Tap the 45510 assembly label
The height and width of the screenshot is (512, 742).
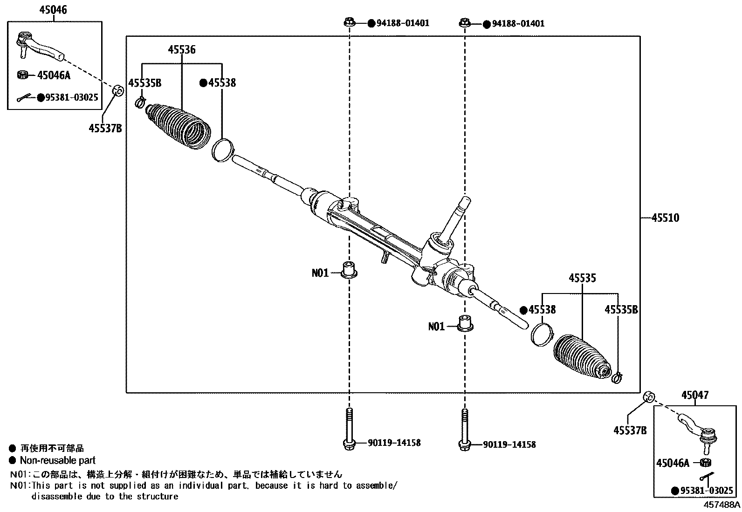665,218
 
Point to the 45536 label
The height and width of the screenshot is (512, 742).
181,50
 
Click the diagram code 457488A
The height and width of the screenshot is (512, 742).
721,505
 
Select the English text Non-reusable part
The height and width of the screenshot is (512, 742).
57,460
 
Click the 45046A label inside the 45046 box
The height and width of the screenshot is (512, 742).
53,75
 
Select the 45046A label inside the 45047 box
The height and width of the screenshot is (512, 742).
672,463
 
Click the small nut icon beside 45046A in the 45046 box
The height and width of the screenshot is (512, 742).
22,75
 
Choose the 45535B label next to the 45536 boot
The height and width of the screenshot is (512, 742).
144,83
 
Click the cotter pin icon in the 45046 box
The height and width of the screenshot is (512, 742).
24,98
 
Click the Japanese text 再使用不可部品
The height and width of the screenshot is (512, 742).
52,448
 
